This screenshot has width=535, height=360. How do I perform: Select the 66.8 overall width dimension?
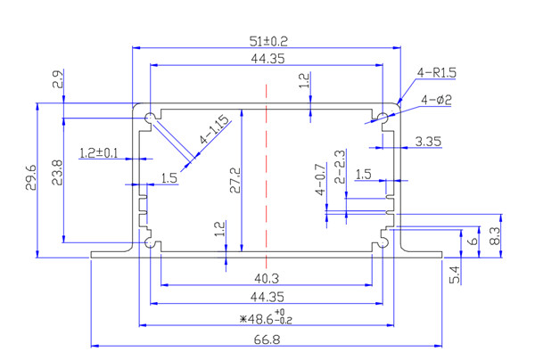[267, 339]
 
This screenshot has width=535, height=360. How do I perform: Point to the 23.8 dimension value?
[57, 172]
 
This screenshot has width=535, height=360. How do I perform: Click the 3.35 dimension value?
[430, 142]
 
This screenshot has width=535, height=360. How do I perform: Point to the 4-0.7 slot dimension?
[321, 182]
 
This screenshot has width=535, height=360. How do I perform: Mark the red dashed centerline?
[265, 169]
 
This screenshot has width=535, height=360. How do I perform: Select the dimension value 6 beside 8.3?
[473, 240]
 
